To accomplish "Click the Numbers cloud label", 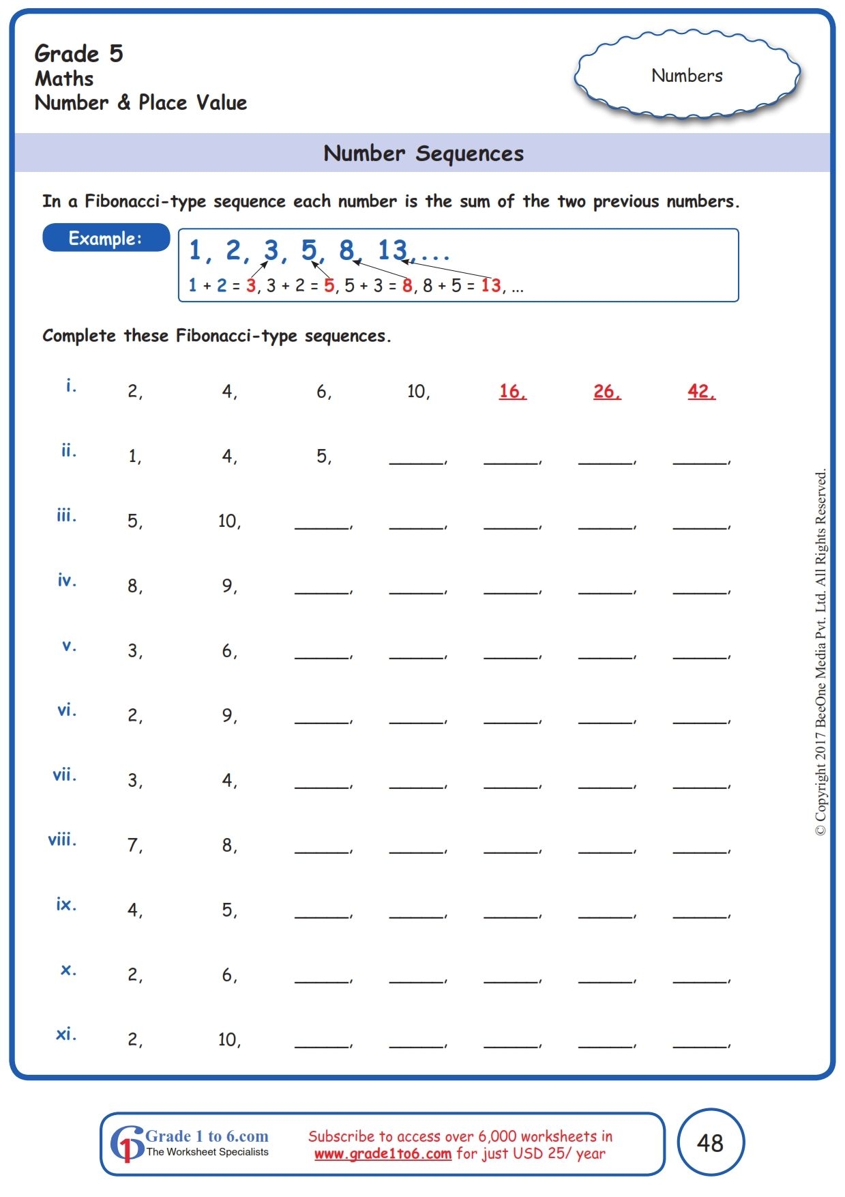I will coord(687,76).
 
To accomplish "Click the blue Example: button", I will coord(106,238).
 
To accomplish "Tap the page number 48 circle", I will coord(710,1142).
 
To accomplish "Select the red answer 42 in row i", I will coord(700,391).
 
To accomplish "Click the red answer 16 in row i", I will coord(512,391).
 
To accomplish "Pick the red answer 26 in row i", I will coord(606,391).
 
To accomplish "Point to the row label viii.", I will coord(62,839).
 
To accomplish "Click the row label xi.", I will coord(65,1034).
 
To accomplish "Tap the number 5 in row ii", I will coord(323,456).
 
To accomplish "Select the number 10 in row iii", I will coord(228,521).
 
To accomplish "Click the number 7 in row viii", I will coord(134,845).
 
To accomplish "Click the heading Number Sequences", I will coord(423,154).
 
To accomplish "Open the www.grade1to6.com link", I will coord(383,1154).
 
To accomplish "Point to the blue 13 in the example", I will coord(392,250).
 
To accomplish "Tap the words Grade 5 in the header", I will coord(78,53).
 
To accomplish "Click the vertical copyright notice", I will coord(820,652).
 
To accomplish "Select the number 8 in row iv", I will coord(134,586).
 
